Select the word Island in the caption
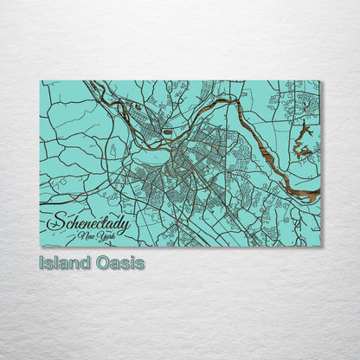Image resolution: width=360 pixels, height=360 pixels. point(63,262)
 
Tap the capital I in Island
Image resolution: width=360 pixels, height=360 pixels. point(42,262)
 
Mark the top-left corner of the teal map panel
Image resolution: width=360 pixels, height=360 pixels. point(41,80)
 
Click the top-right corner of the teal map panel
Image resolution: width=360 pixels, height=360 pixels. point(319,80)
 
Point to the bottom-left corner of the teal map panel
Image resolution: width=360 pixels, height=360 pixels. point(41,247)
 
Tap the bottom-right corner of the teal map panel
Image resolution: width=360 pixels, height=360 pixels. point(319,247)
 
